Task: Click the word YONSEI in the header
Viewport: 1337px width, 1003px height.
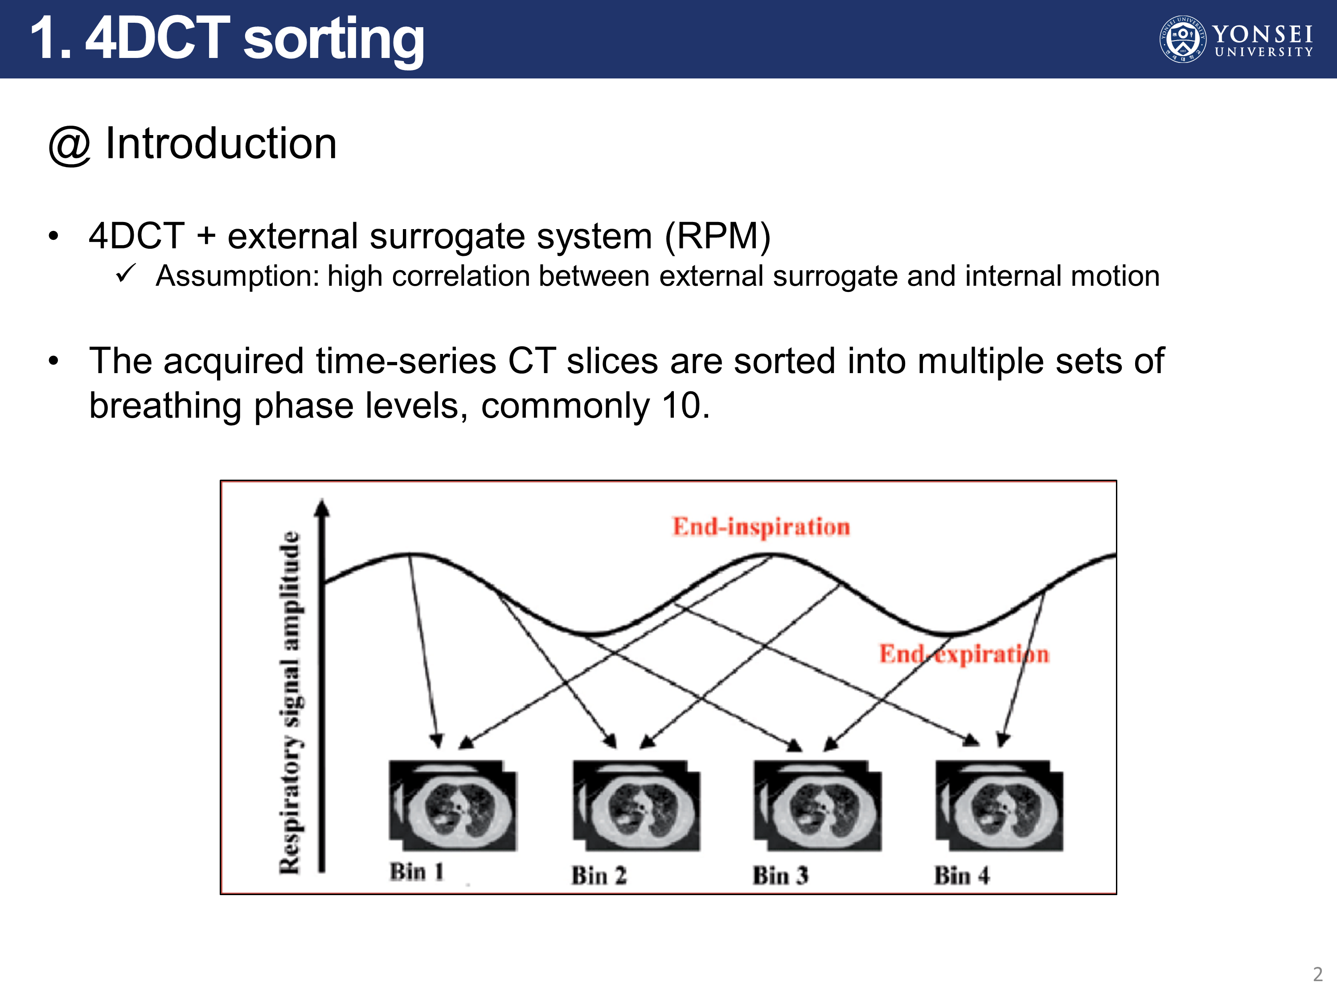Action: point(1262,34)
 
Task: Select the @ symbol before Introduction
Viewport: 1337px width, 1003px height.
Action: point(70,146)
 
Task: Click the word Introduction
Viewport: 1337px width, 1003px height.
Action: point(221,144)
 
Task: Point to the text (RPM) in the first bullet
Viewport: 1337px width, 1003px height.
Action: point(718,236)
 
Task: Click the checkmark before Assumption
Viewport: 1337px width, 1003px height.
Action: point(126,273)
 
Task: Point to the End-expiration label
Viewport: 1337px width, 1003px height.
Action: point(964,654)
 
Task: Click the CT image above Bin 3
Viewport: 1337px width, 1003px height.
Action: point(818,806)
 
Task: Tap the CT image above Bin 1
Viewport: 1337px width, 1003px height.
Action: point(453,806)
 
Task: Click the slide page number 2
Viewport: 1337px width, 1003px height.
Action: point(1318,974)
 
